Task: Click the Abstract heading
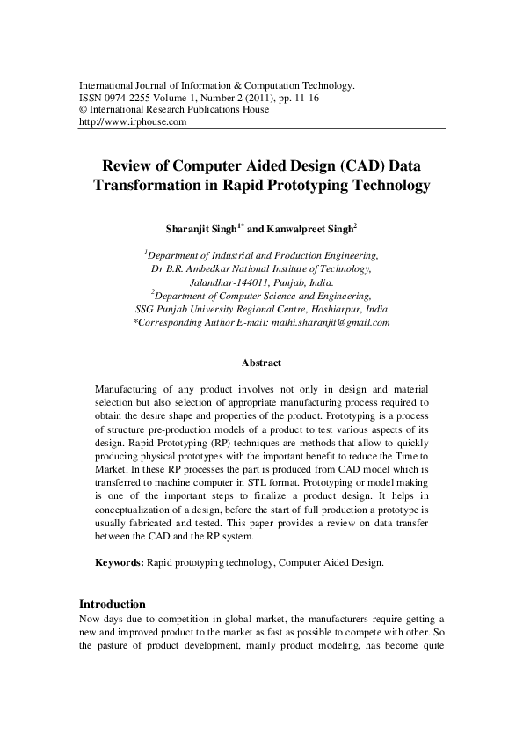[261, 363]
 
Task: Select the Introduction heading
[112, 605]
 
